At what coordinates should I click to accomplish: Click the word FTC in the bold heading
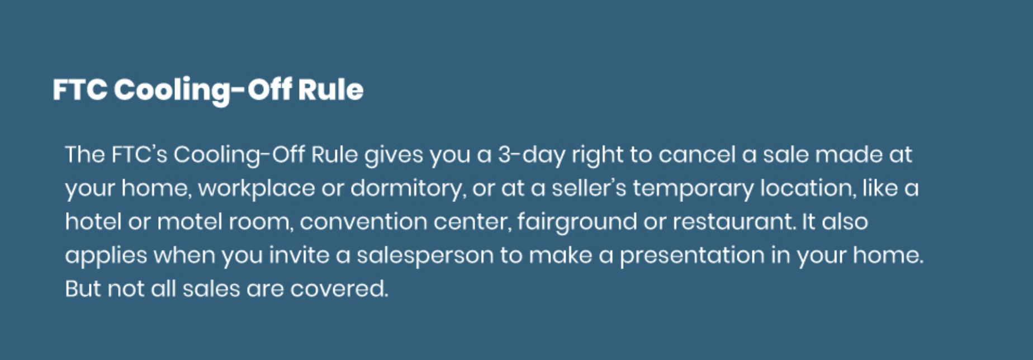[x=79, y=89]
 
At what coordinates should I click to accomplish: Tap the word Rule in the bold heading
[x=330, y=89]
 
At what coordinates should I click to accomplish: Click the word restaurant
[x=733, y=222]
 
